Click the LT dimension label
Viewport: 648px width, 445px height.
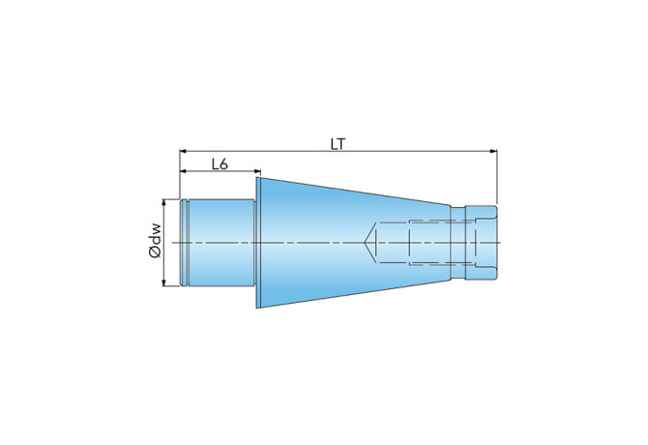click(x=338, y=144)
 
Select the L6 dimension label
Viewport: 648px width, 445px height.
click(x=220, y=164)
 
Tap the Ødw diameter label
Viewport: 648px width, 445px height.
click(x=156, y=241)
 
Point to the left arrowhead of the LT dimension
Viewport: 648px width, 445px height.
click(x=183, y=151)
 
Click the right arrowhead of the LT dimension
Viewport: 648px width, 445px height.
click(x=493, y=151)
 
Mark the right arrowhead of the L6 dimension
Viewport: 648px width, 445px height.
click(x=257, y=171)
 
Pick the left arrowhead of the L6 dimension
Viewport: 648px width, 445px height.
click(x=183, y=171)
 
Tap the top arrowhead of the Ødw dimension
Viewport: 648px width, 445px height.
click(x=164, y=202)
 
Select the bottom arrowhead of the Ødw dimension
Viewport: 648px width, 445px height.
click(x=164, y=282)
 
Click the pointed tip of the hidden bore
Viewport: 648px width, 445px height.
click(x=365, y=243)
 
